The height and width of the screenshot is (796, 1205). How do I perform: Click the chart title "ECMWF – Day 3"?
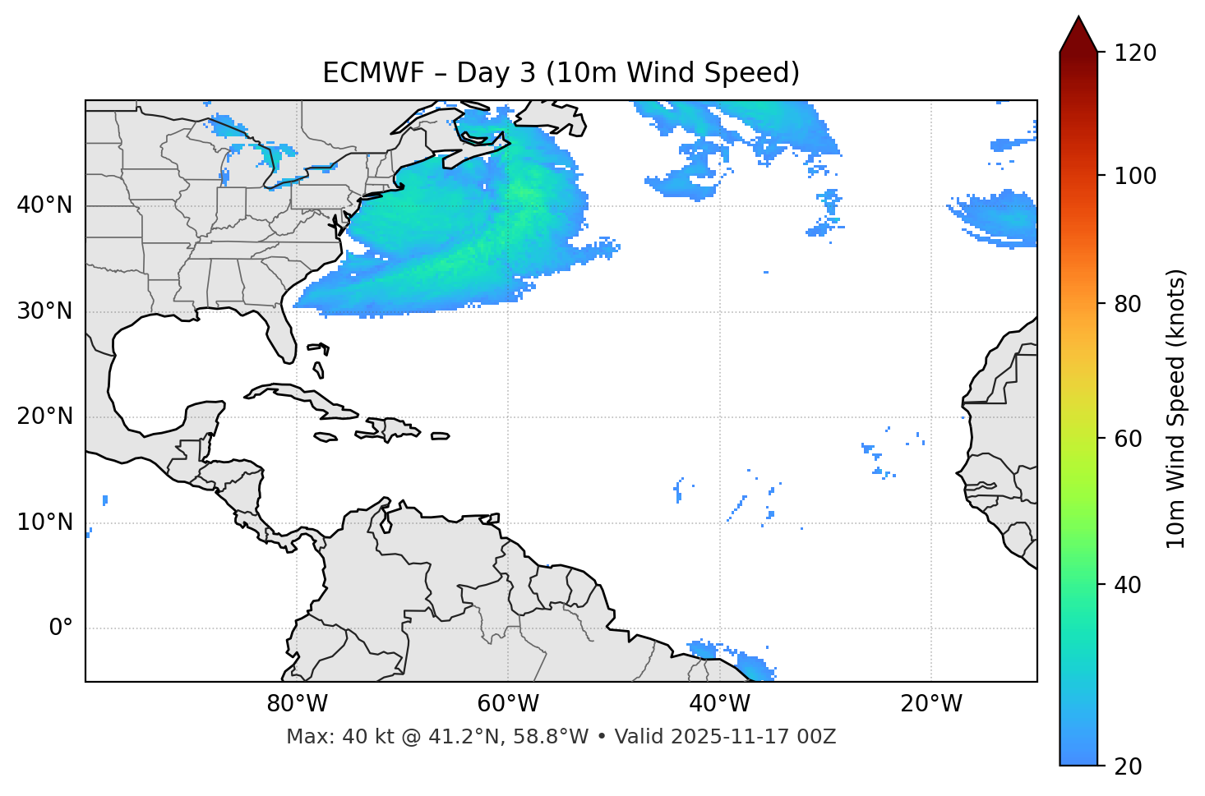click(x=561, y=73)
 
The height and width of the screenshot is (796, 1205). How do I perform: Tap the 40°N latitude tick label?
click(x=44, y=205)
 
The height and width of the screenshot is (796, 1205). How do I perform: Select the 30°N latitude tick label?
click(x=44, y=311)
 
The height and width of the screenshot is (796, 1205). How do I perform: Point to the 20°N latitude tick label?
click(x=44, y=416)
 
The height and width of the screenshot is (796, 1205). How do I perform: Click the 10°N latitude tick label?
click(x=44, y=522)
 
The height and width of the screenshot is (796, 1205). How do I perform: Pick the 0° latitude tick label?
click(x=61, y=628)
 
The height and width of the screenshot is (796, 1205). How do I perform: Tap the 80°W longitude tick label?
click(x=297, y=704)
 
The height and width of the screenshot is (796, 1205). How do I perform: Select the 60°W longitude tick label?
click(x=508, y=704)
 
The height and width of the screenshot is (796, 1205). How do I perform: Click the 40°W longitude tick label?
click(x=719, y=704)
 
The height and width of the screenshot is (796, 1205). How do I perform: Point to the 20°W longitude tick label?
click(x=931, y=704)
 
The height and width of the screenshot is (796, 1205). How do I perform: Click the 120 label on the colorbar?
click(x=1135, y=53)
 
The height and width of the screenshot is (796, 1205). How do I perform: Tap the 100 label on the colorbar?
click(x=1135, y=176)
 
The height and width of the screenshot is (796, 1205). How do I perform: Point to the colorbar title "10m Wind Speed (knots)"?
click(x=1176, y=408)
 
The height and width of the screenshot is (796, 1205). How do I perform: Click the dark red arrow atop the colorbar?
click(x=1078, y=35)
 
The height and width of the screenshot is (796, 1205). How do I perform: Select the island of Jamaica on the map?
click(x=326, y=437)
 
